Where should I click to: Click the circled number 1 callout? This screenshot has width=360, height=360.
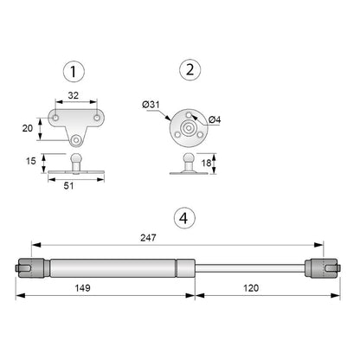tap(76, 70)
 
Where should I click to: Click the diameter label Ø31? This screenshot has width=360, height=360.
tap(151, 105)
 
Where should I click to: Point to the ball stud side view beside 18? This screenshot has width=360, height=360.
tap(186, 164)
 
